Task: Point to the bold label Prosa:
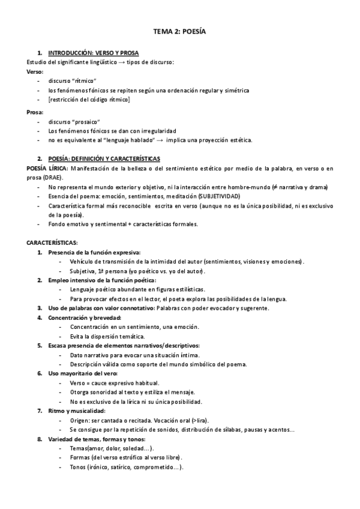[35, 112]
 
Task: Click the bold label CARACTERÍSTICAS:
[52, 243]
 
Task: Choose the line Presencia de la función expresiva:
[94, 253]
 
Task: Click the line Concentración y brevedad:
[85, 317]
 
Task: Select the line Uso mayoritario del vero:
[83, 373]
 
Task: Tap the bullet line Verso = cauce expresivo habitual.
[115, 383]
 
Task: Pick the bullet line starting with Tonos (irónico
[127, 467]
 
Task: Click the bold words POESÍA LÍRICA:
[47, 168]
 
